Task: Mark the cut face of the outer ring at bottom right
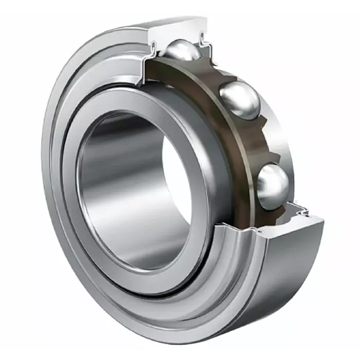point(309,226)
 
